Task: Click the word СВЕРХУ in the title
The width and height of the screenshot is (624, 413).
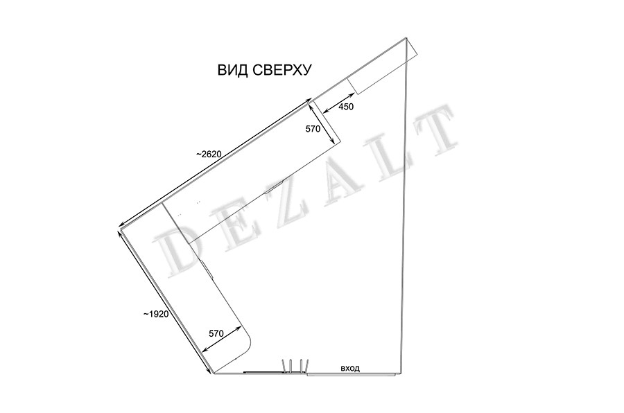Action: [281, 70]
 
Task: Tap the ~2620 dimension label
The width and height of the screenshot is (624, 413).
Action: [209, 154]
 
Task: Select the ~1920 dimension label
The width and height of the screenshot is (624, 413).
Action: [156, 315]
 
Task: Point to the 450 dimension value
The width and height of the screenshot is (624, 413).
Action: [346, 107]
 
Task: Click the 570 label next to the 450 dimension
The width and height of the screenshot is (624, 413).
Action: [313, 129]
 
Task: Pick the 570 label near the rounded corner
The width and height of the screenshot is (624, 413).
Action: [216, 334]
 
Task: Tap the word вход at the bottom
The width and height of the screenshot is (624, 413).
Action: [350, 369]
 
